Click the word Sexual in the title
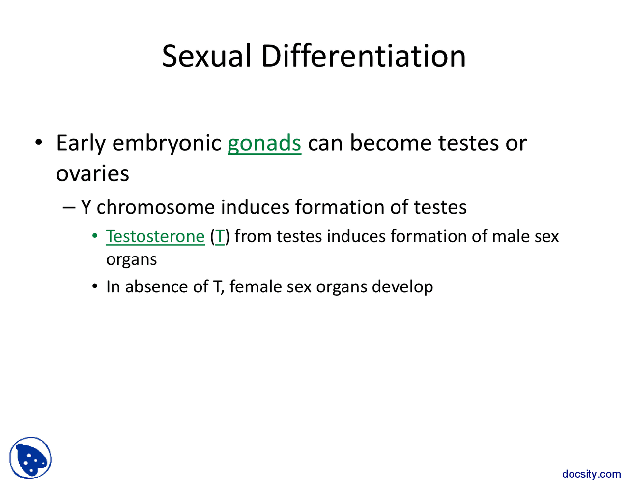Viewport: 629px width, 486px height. click(x=206, y=56)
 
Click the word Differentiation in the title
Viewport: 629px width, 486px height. click(x=363, y=56)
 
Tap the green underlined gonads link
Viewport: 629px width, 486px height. click(x=264, y=143)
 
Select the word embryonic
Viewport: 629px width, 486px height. click(x=167, y=143)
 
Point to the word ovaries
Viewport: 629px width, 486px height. click(x=92, y=173)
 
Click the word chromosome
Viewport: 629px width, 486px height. click(x=155, y=207)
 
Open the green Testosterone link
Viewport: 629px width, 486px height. click(x=155, y=236)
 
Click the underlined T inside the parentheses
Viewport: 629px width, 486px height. click(x=220, y=236)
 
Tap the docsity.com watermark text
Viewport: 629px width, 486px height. click(x=591, y=474)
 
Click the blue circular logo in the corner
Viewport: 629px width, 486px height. click(x=30, y=458)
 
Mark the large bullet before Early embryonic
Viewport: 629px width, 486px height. click(x=38, y=143)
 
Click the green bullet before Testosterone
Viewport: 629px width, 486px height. click(x=95, y=237)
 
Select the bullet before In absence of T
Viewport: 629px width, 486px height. click(x=95, y=287)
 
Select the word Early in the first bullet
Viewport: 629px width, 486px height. click(x=81, y=143)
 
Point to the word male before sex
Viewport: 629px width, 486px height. click(x=511, y=236)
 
